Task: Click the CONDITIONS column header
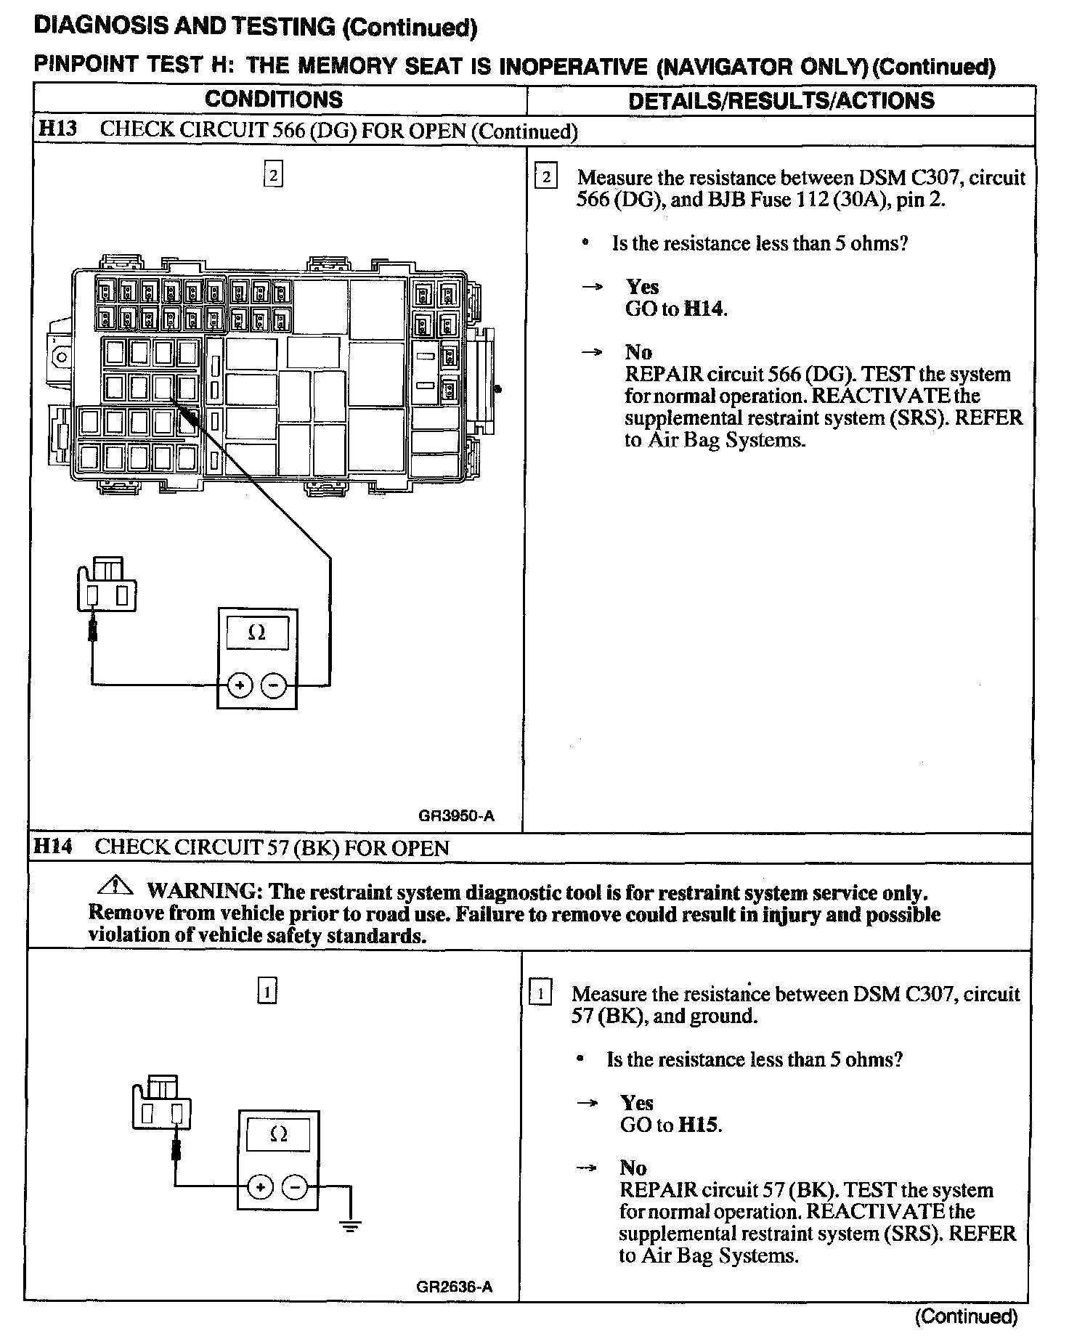coord(273,99)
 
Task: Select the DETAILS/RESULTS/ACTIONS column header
coord(781,100)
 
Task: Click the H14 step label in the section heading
coord(53,847)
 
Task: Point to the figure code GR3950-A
coord(456,815)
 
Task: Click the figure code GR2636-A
coord(455,1287)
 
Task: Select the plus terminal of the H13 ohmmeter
coord(240,685)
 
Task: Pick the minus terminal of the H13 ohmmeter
coord(274,685)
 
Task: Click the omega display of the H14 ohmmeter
coord(278,1134)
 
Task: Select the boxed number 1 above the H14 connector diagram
coord(267,992)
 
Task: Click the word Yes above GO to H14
coord(643,287)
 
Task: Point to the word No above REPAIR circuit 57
coord(633,1168)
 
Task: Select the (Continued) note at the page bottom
coord(966,1316)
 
